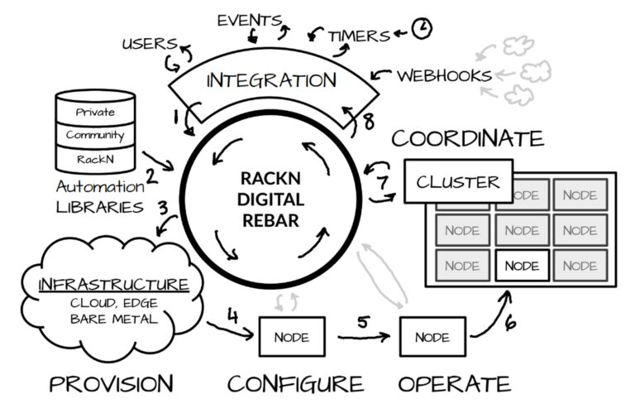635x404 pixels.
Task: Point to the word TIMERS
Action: tap(359, 36)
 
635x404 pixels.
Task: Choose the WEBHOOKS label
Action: tap(445, 75)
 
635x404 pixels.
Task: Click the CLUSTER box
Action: tap(457, 181)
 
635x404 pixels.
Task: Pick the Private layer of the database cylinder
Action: tap(95, 112)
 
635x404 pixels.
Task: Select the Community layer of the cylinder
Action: tap(95, 135)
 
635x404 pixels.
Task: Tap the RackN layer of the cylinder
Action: tap(95, 156)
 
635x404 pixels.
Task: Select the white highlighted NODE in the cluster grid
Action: tap(521, 266)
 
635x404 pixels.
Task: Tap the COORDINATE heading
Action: tap(468, 137)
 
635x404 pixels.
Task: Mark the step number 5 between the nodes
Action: tap(363, 321)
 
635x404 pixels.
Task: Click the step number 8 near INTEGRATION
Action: tap(369, 123)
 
